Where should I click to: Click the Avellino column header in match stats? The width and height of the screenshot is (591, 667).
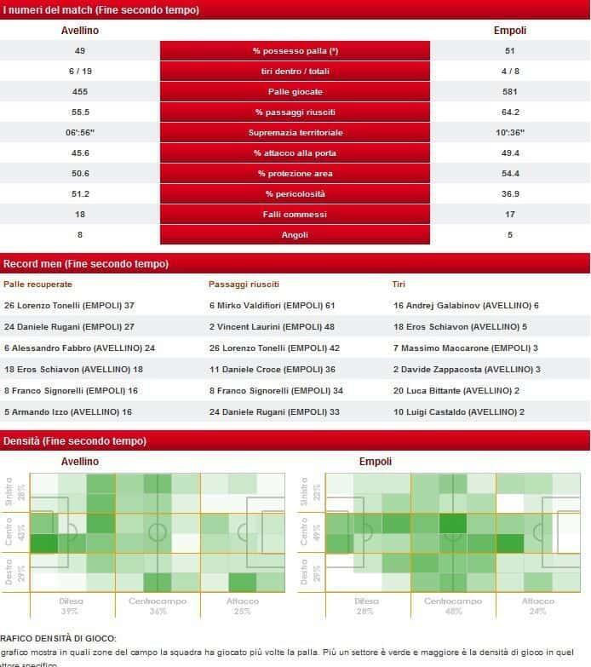click(80, 31)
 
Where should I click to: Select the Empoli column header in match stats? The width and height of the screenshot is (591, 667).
click(510, 31)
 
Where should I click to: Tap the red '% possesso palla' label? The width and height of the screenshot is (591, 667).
click(295, 51)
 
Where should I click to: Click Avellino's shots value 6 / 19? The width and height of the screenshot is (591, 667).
click(80, 72)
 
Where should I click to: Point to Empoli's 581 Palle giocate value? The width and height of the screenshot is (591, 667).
click(510, 92)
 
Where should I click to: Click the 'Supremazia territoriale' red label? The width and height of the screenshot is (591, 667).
click(295, 133)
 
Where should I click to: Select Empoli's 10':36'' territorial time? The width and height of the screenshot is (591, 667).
click(510, 133)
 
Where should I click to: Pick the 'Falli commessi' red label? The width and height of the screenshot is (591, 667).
click(295, 215)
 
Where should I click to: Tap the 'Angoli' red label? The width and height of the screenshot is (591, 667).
click(295, 235)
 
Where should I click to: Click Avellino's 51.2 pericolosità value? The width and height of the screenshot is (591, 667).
click(80, 194)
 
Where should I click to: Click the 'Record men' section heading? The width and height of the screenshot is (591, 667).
click(86, 264)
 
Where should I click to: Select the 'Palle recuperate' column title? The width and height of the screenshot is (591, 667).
click(38, 284)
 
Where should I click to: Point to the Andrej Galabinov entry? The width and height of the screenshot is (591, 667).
click(466, 305)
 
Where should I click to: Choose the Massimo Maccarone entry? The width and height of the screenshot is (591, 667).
click(463, 348)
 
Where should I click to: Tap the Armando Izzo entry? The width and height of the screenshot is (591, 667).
click(68, 411)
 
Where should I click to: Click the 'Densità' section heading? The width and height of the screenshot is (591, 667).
click(75, 441)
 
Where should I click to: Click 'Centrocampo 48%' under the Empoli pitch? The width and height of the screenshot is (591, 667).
click(452, 606)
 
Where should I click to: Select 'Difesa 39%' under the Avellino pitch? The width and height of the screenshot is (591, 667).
click(71, 606)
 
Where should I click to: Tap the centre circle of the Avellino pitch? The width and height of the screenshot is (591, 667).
click(158, 533)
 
